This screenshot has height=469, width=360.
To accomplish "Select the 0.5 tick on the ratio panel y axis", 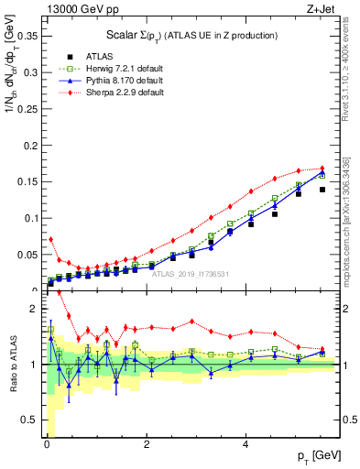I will click(32, 420).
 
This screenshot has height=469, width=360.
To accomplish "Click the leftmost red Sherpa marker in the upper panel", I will click(51, 239).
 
